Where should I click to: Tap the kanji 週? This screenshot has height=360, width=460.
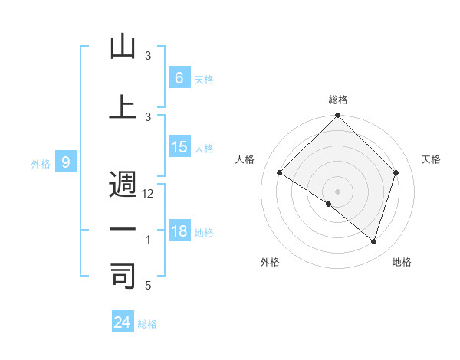coord(123,185)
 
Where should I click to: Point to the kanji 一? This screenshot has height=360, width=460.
coord(123,229)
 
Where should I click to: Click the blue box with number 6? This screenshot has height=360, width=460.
coord(179,78)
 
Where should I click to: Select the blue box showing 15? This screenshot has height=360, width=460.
coord(179,147)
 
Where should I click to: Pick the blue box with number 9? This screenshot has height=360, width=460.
coord(66,162)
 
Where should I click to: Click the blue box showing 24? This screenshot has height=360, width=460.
coord(122,322)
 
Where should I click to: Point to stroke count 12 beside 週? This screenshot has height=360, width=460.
coord(148,195)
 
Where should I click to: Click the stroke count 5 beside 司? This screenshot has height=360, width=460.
coord(148,286)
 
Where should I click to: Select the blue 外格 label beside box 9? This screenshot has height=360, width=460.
coord(40,163)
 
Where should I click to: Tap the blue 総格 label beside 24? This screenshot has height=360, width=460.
coord(147,324)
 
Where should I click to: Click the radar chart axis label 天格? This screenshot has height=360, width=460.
coord(431,159)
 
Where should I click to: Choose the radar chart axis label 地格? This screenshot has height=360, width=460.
coord(402,263)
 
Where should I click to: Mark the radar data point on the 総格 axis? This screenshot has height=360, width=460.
coord(337,116)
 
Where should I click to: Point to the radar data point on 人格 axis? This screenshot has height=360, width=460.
coord(280,173)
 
